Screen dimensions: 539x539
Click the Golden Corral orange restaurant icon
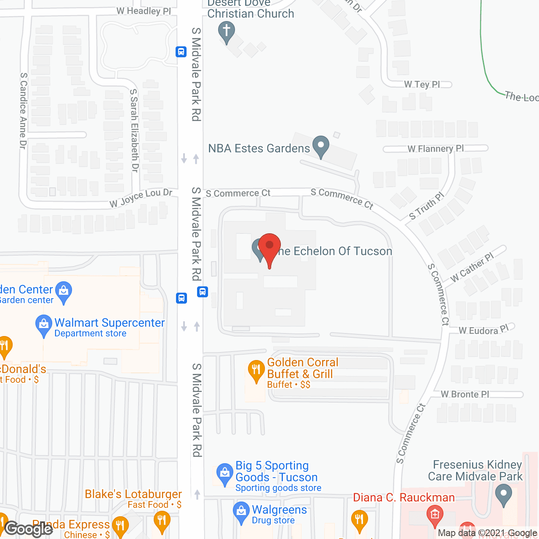coord(256,371)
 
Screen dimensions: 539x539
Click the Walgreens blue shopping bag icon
coord(241,512)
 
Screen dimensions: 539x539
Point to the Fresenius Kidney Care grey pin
coord(504,494)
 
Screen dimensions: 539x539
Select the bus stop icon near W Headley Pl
coord(181,52)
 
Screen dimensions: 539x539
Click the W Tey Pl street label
coord(422,85)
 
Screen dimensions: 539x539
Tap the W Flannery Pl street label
coord(435,149)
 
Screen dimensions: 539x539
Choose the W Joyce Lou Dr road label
coord(141,198)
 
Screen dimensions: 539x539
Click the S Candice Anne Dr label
coord(23,111)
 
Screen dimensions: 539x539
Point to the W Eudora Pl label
coord(484,330)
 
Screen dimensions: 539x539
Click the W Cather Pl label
coord(472,268)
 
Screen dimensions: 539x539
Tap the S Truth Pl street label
coord(427,206)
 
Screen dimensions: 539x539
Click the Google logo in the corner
coord(29,529)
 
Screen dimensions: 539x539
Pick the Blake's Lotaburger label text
coord(133,494)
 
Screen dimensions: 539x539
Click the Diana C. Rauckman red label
coord(404,498)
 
